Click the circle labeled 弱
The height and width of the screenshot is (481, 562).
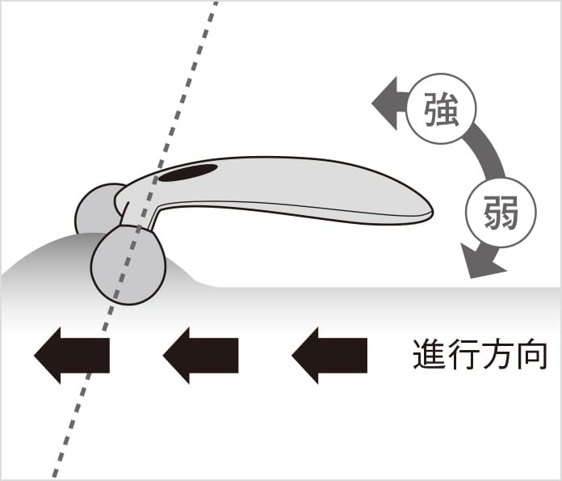click(x=501, y=213)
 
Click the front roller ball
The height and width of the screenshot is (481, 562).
click(x=128, y=264)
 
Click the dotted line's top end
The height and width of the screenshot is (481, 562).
click(x=216, y=4)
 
